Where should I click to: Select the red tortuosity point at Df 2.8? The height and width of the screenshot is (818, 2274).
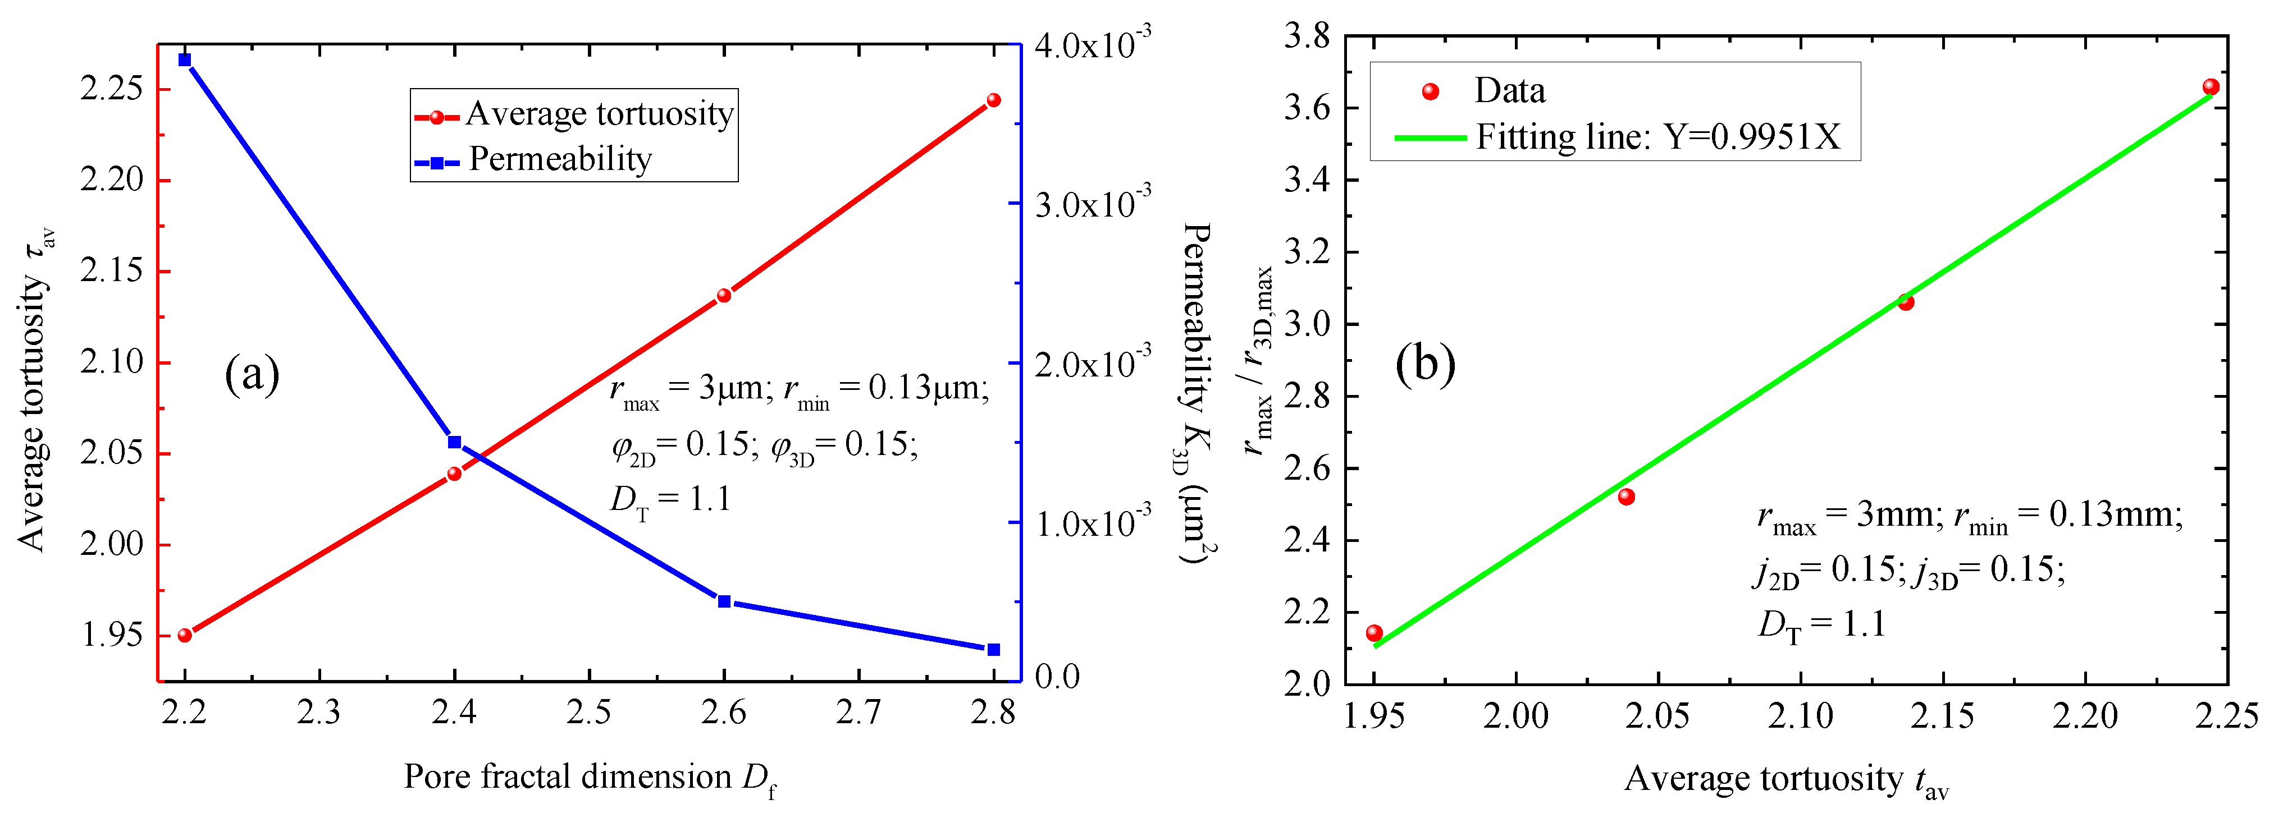point(993,100)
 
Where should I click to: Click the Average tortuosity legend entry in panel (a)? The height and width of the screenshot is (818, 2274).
point(574,114)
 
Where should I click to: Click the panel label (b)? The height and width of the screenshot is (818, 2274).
point(1425,364)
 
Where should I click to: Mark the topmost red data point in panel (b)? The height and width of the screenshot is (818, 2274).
point(2211,86)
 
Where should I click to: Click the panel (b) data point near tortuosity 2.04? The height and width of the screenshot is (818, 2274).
point(1626,497)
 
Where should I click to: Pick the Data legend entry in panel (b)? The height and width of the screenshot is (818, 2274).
point(1483,91)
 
